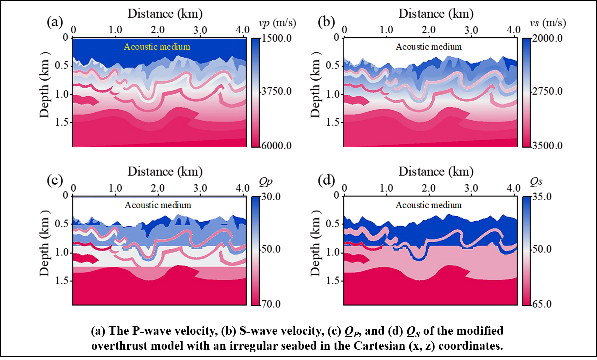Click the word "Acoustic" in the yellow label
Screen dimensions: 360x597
[x=140, y=47]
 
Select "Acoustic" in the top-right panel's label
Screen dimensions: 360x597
[x=412, y=47]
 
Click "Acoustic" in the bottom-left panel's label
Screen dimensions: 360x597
[x=141, y=205]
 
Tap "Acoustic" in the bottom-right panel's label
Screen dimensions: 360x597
[x=412, y=205]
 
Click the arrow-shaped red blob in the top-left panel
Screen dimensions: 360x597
[x=85, y=100]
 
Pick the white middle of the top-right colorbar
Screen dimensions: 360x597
[x=526, y=93]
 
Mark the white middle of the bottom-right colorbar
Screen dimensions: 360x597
[x=526, y=251]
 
